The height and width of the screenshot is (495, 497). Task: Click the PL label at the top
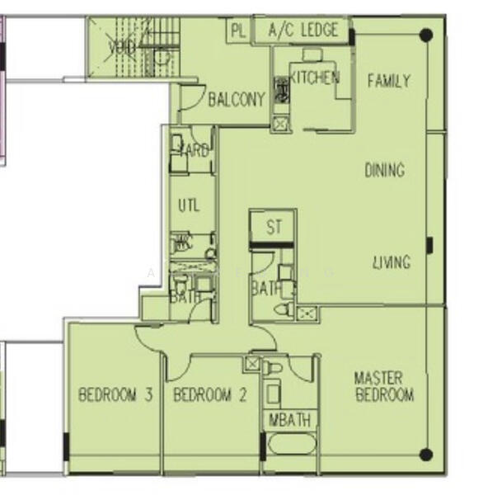point(238,31)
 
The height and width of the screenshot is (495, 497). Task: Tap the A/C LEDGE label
point(303,31)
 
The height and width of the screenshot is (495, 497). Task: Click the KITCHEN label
point(313,78)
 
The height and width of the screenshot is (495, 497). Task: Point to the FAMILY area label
point(388,81)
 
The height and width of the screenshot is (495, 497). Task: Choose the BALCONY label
point(237,100)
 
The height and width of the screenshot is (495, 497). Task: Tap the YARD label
point(195,152)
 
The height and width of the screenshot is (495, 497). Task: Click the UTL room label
point(188,205)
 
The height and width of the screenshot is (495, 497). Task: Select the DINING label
point(384,171)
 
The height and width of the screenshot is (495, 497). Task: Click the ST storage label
point(274,227)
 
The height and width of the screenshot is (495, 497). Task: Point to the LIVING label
point(391,263)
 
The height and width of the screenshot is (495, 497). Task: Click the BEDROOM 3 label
point(115,395)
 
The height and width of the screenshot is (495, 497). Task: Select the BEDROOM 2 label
point(209,395)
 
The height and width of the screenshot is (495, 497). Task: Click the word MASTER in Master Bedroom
point(378,378)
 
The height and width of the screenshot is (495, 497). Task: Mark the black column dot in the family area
point(425,35)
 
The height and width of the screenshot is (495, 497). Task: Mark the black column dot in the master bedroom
point(425,455)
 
